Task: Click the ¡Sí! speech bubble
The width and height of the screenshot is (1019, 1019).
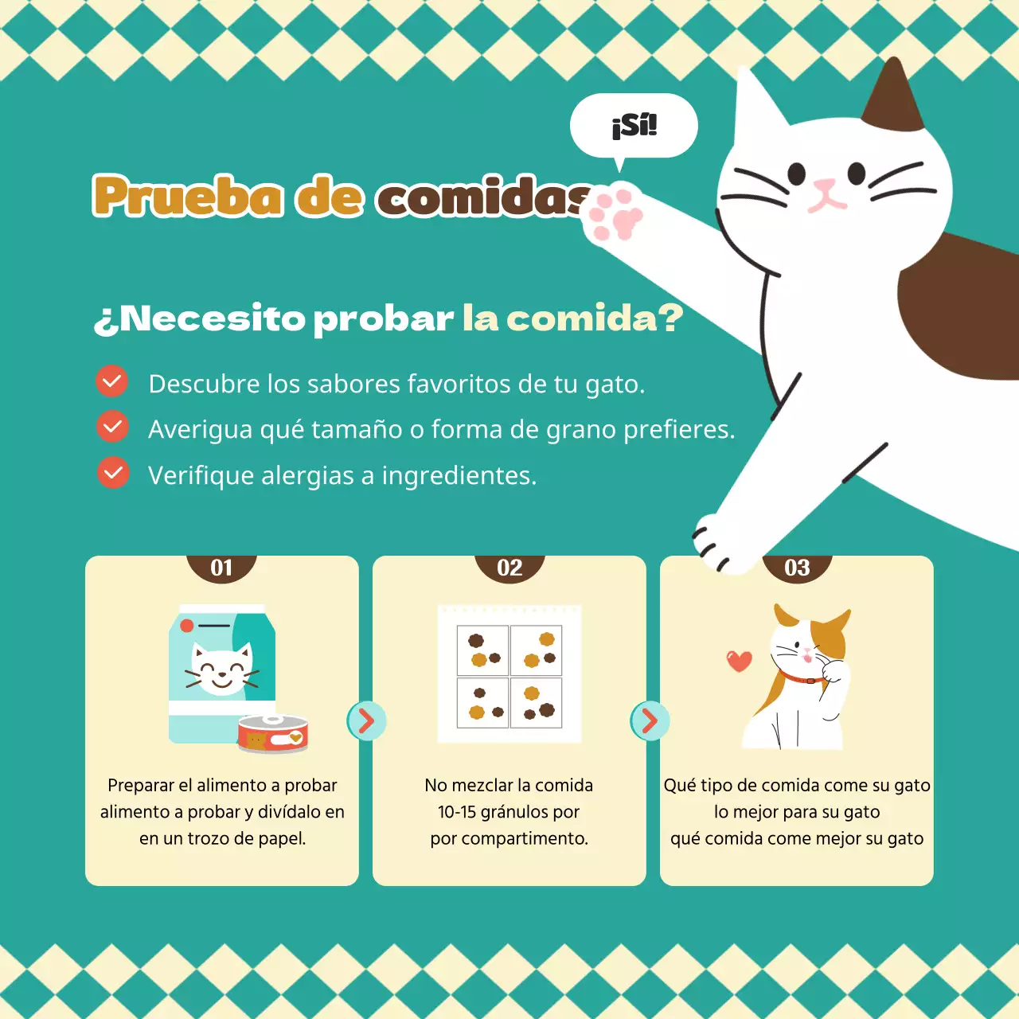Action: coord(634,126)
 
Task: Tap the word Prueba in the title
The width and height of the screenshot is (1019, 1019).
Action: coord(188,196)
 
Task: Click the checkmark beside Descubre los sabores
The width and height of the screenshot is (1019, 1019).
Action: coord(112,381)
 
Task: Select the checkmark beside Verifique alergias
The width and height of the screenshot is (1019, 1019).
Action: coord(113,473)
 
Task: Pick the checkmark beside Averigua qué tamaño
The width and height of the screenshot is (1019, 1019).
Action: coord(112,427)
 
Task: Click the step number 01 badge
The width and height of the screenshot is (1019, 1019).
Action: coord(221,568)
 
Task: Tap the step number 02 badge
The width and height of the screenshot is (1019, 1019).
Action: coord(509,568)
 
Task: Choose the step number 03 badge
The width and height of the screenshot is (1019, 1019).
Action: coord(797,568)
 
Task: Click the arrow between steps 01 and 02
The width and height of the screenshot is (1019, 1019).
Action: coord(366,721)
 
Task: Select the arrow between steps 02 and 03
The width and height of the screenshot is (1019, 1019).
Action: coord(650,721)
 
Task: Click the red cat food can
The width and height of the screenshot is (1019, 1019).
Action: coord(273,734)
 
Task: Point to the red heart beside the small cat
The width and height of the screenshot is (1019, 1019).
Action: coord(739,661)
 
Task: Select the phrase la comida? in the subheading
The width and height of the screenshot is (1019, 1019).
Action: coord(572,318)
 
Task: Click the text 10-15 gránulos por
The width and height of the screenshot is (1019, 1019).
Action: coord(509,812)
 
